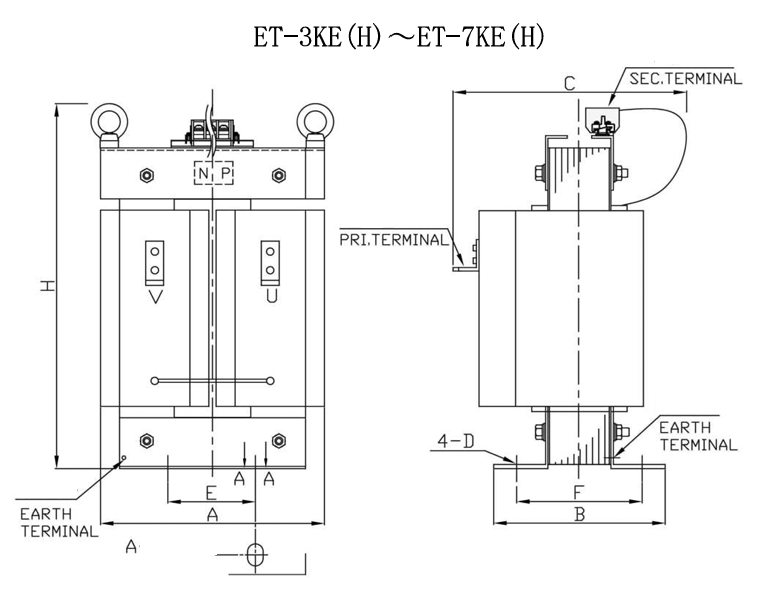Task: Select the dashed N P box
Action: click(212, 174)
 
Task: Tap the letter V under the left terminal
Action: click(155, 297)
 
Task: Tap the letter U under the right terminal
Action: click(269, 297)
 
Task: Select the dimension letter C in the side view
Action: click(568, 84)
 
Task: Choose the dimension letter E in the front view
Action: click(210, 491)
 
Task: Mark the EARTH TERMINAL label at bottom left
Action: click(59, 521)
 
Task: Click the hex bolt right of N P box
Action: click(277, 174)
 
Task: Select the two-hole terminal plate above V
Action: click(155, 262)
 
